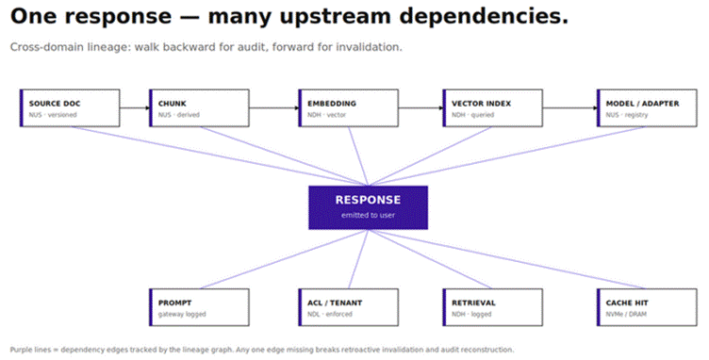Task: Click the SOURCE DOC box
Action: tap(70, 108)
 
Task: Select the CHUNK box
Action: tap(199, 108)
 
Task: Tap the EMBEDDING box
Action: tap(348, 108)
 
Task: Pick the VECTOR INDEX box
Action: tap(492, 108)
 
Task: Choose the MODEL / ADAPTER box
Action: tap(647, 108)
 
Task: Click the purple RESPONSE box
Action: tap(368, 207)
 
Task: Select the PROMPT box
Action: tap(199, 307)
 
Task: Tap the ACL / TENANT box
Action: tap(348, 307)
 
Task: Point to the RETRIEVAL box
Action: tap(492, 307)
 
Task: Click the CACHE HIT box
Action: tap(647, 307)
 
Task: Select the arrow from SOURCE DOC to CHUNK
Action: tap(135, 108)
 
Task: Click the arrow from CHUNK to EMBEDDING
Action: tap(273, 108)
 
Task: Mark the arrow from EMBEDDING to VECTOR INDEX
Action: tap(420, 108)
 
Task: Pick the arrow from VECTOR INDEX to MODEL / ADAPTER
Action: tap(569, 108)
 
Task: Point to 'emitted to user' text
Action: tap(368, 216)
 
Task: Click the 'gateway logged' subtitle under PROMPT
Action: tap(182, 315)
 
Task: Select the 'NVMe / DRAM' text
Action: tap(626, 315)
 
